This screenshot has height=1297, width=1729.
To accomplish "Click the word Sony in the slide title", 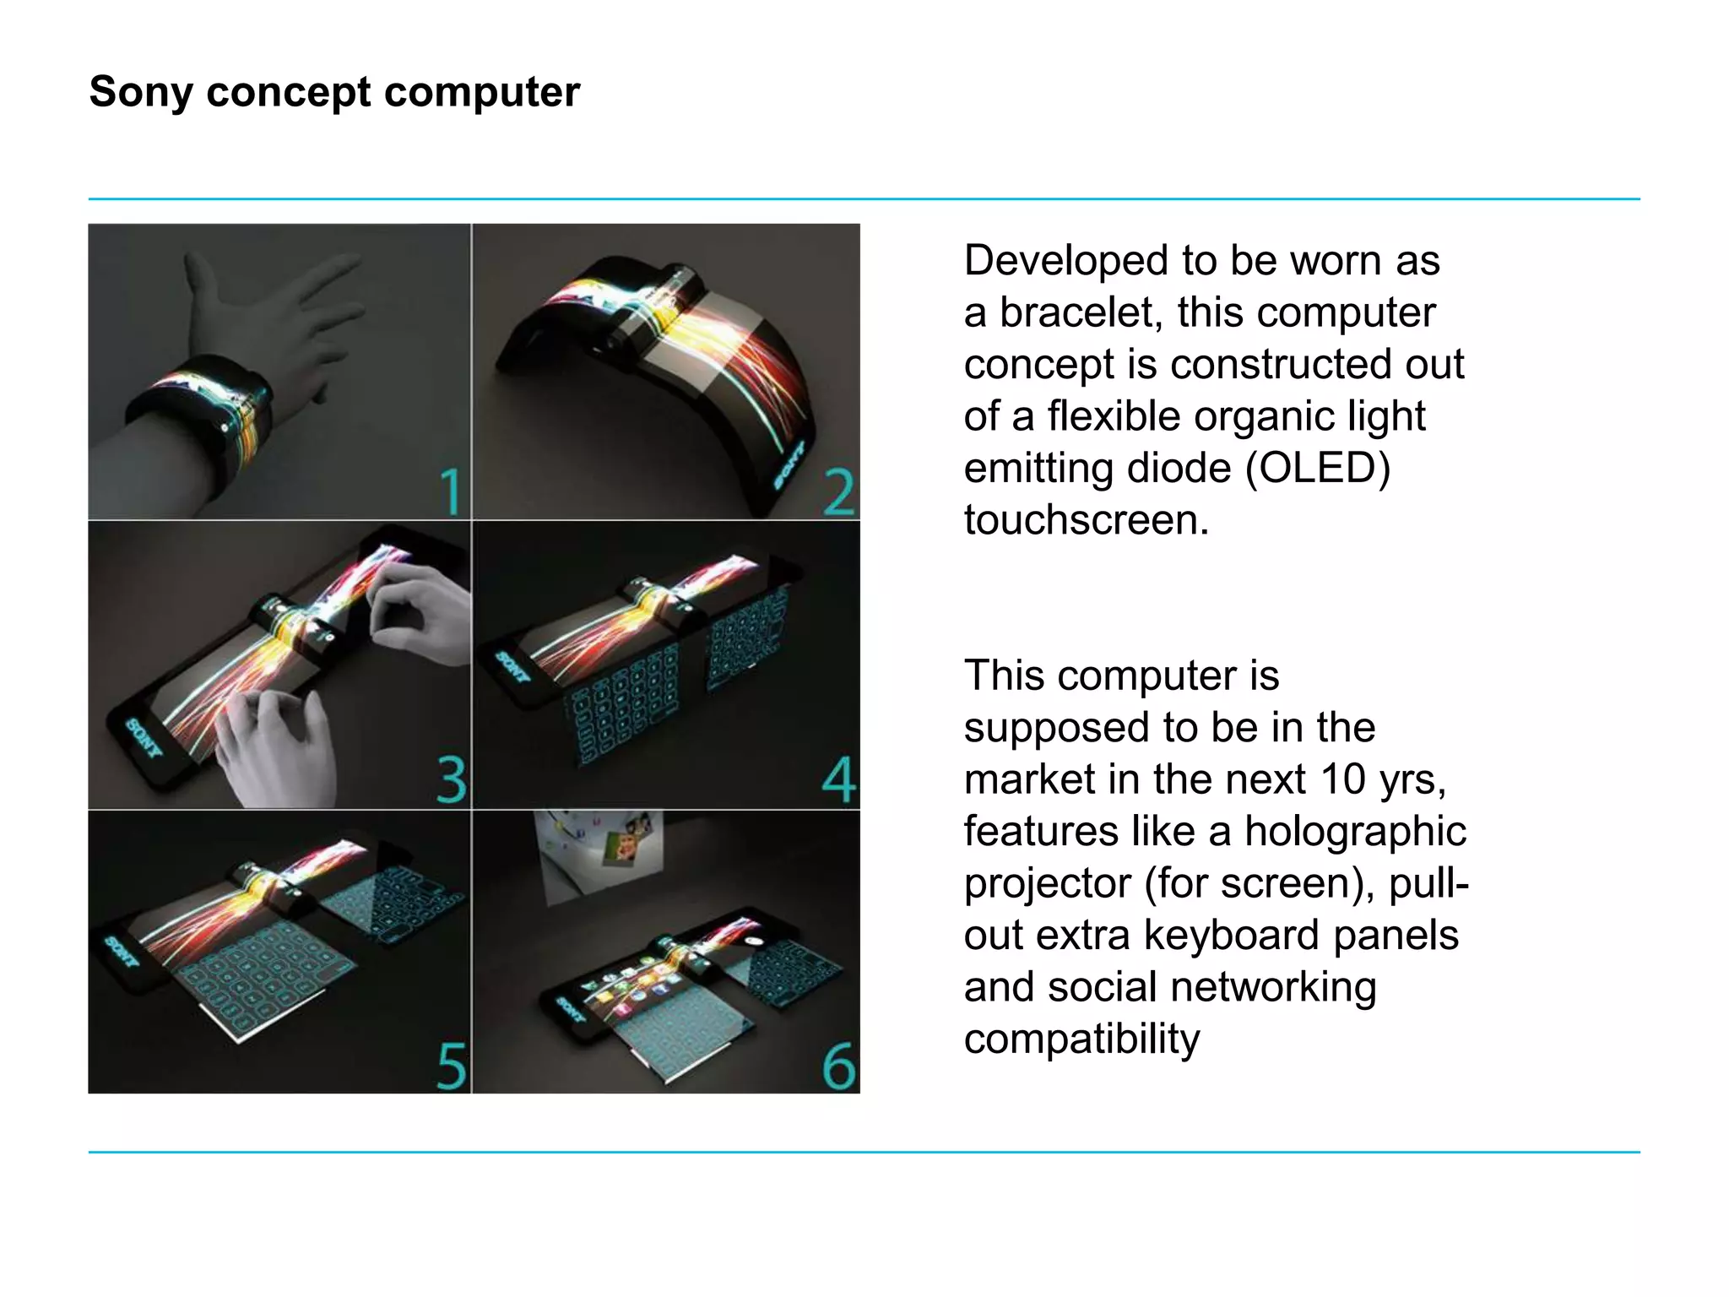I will [x=141, y=92].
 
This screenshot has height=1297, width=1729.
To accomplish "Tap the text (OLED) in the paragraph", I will [x=1318, y=469].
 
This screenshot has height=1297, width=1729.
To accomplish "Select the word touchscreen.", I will [x=1086, y=520].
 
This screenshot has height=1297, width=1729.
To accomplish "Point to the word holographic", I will [x=1355, y=832].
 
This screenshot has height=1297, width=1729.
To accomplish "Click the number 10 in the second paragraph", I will [x=1342, y=779].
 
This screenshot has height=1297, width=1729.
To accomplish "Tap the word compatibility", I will [x=1081, y=1039].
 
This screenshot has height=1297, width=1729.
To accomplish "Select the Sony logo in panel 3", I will [x=144, y=738].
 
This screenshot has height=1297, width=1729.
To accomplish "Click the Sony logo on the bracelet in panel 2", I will [x=789, y=464].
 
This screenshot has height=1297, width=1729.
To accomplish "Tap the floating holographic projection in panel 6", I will [x=601, y=855].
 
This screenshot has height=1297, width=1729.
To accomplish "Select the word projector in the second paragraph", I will [x=1047, y=884].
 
